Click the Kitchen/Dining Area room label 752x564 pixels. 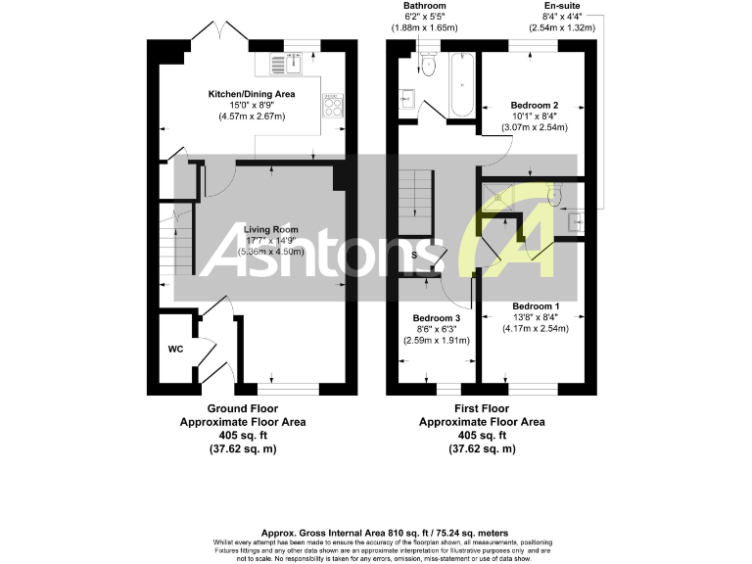coord(251,94)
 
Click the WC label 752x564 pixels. coord(175,348)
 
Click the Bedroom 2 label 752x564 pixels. coord(535,105)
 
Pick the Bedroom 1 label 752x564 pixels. coord(535,305)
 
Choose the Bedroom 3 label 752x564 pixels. coord(436,318)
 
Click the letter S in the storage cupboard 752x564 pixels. coord(414,256)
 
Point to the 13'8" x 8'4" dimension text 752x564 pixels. coord(535,316)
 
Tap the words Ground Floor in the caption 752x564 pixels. coord(242,408)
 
